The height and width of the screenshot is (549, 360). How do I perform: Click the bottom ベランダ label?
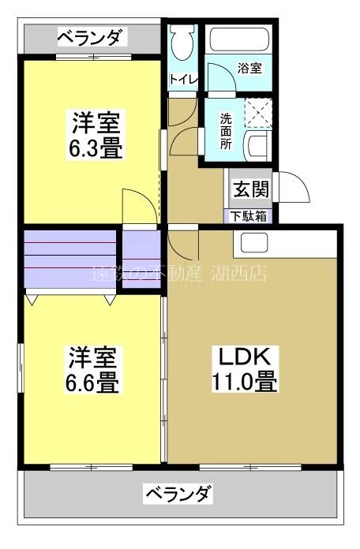177,495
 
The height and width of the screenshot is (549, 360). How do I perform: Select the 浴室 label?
250,69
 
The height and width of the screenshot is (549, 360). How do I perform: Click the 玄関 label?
250,189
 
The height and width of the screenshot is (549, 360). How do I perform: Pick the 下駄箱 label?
249,215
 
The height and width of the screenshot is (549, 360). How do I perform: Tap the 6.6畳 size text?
92,383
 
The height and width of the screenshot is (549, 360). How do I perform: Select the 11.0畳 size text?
243,383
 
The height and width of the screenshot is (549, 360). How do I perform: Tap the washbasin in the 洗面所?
257,146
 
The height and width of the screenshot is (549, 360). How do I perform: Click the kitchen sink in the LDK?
253,242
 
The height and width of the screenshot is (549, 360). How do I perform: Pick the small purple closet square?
141,257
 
